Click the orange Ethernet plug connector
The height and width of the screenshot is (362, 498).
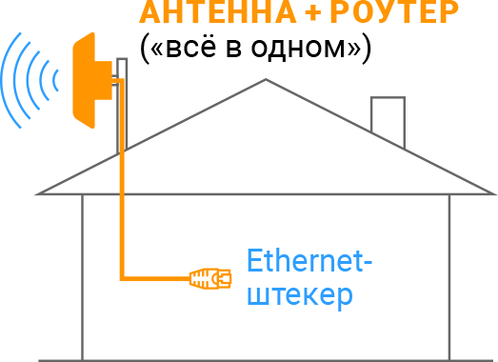tap(210, 278)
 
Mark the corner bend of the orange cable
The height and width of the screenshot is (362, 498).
tap(122, 278)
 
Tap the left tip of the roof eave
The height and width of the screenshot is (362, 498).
tap(40, 191)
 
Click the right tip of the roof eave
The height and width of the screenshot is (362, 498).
tap(488, 191)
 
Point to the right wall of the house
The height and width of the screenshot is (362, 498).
tap(448, 276)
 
